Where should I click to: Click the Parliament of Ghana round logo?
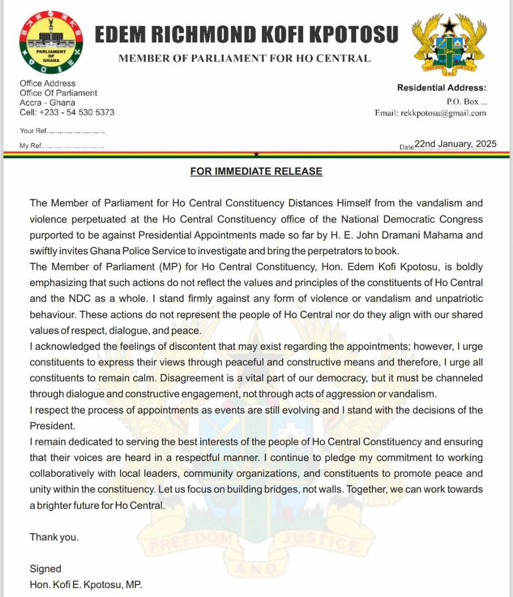[x=51, y=41]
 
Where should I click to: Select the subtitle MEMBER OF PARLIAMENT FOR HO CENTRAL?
[x=245, y=59]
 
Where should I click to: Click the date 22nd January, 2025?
[x=455, y=143]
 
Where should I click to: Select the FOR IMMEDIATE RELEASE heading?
[x=256, y=171]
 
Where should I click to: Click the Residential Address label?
[x=442, y=88]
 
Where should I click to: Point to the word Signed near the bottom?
[x=45, y=569]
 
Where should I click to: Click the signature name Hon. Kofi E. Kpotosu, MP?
[x=86, y=585]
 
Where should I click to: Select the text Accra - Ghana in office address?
[x=47, y=103]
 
